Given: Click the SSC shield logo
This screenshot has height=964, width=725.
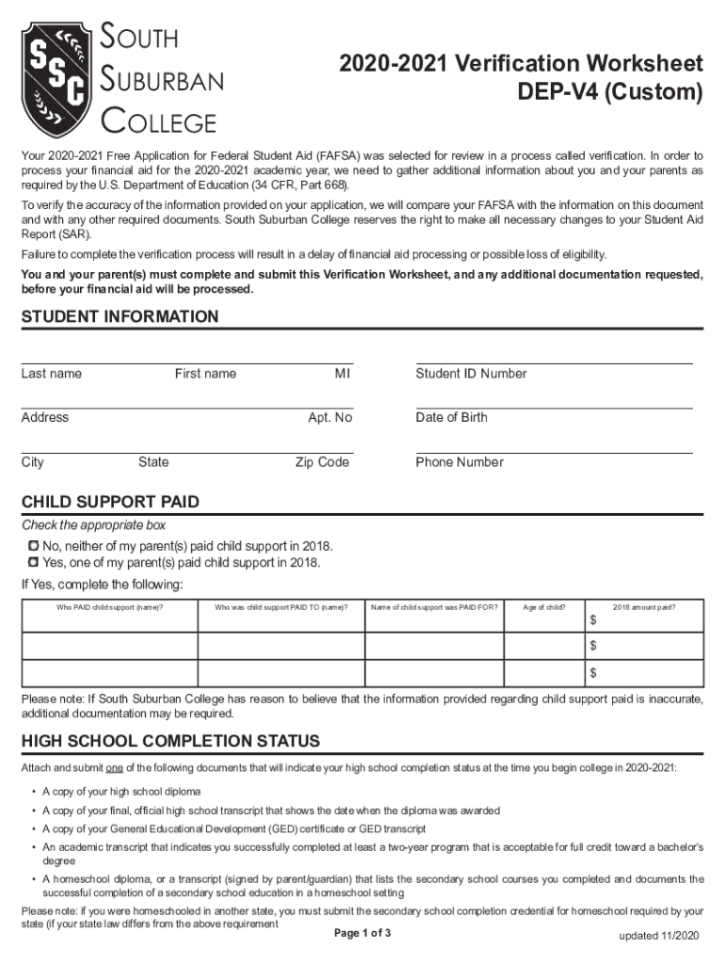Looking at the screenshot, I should [x=58, y=79].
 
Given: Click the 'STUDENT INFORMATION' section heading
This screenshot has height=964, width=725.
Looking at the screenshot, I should [x=120, y=317].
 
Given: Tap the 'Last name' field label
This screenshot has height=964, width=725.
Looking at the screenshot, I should [x=52, y=374].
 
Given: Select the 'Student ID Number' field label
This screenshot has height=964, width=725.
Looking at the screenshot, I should [x=471, y=374].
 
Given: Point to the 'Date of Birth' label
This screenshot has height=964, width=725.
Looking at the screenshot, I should [x=451, y=417].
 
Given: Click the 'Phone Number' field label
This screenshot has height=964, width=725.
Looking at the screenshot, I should [x=459, y=462].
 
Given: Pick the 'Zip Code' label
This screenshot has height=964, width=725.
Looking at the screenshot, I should [x=322, y=462].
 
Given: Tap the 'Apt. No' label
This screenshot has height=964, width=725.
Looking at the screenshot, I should [x=330, y=417].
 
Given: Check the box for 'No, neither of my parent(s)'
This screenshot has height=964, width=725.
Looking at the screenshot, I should [x=33, y=546].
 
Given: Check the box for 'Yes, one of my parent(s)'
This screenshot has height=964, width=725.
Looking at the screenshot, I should [x=33, y=563].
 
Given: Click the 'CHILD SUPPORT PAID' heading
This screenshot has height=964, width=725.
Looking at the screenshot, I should [x=110, y=502].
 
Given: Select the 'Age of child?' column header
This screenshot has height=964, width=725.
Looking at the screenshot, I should [x=544, y=607].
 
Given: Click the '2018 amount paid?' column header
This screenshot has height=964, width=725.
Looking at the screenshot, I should [x=644, y=607].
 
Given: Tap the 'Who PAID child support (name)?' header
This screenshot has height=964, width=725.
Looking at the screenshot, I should [x=110, y=607].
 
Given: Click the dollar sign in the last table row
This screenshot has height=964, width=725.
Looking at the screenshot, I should [x=593, y=673].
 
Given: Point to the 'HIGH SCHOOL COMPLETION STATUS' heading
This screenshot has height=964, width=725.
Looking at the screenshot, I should [x=170, y=741].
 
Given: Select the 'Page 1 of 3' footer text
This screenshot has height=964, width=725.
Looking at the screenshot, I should [x=362, y=933].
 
